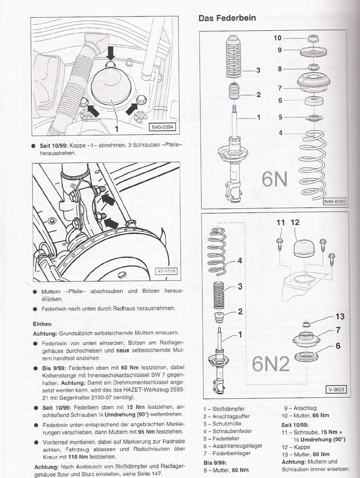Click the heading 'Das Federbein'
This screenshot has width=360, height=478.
coord(227,18)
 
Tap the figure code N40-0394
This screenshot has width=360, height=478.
coord(161,127)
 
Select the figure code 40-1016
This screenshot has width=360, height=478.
coord(166,271)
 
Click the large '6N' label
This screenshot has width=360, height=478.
coord(275,179)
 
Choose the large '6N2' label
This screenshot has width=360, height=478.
coord(271,364)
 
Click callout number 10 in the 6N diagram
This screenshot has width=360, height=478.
coord(278,38)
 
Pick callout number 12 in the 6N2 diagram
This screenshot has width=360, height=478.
coord(295,223)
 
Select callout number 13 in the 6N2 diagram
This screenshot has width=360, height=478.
coord(340,317)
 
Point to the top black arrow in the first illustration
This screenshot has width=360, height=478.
coord(110,53)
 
